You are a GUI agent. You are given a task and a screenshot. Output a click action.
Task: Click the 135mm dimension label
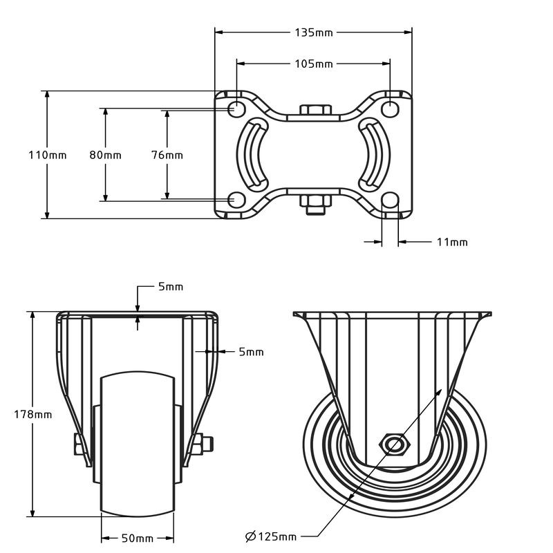(x=314, y=32)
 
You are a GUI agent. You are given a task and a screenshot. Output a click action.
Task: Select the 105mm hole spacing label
(x=314, y=64)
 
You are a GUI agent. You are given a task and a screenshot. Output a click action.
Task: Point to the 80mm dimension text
(x=105, y=155)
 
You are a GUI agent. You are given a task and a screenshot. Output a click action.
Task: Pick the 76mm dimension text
(x=167, y=155)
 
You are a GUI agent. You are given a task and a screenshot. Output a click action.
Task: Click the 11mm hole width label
(x=452, y=242)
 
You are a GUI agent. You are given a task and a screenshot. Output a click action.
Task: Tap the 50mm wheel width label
(x=137, y=538)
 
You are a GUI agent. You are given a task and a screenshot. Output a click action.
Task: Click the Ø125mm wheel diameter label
(x=271, y=536)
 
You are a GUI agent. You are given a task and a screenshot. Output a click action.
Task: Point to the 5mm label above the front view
(x=170, y=287)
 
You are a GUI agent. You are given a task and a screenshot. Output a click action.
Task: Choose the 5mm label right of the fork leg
(x=251, y=352)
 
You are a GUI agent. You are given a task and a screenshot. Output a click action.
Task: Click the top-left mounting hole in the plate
(x=236, y=109)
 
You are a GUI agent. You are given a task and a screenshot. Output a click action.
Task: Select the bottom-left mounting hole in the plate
(x=236, y=200)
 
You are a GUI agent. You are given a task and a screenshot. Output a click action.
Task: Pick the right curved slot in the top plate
(x=375, y=155)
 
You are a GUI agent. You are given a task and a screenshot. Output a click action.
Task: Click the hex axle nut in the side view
(x=394, y=443)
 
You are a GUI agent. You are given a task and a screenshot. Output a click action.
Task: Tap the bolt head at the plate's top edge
(x=314, y=111)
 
